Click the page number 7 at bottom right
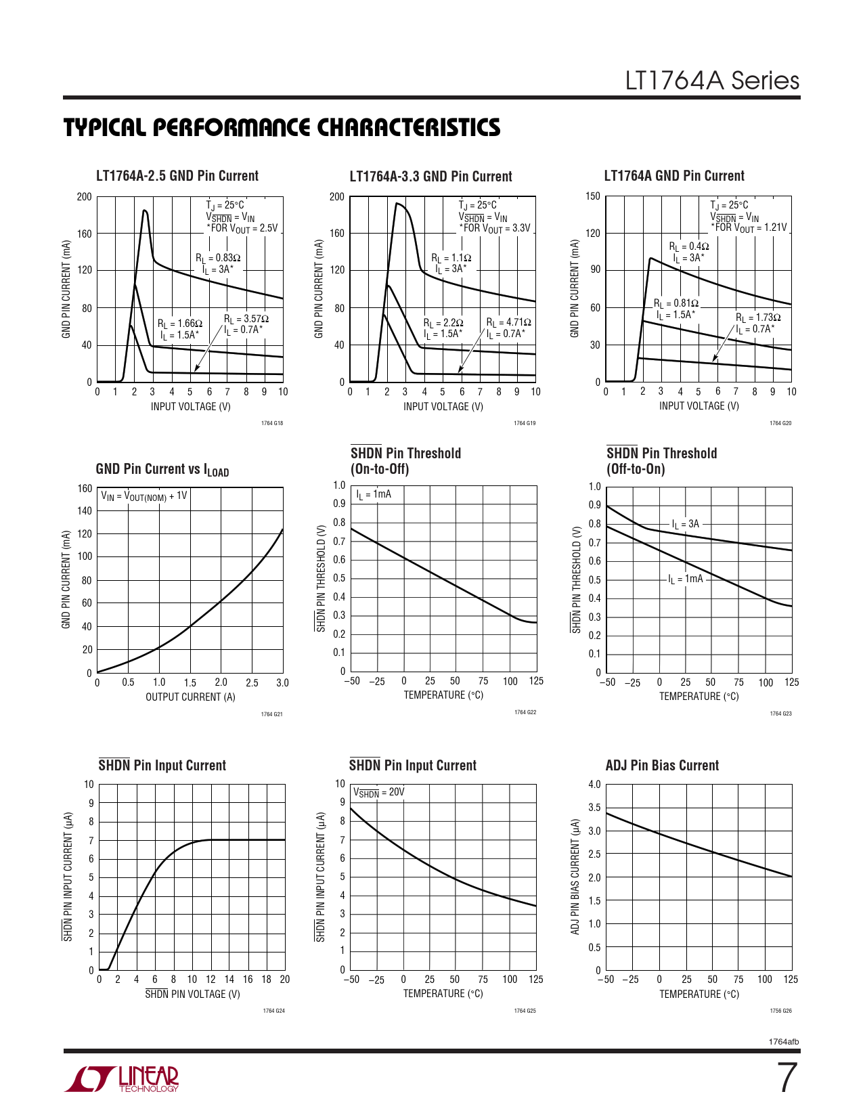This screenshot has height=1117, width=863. (787, 1078)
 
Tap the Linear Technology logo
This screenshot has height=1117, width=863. (122, 1079)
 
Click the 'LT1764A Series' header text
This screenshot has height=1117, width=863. (711, 81)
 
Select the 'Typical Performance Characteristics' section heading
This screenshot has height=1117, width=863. (282, 128)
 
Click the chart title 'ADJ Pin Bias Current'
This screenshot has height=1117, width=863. (662, 766)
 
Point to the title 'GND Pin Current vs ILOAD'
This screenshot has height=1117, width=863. (162, 469)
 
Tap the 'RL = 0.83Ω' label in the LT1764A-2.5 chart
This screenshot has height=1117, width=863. (218, 258)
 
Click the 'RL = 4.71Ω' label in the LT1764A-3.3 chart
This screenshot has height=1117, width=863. (508, 322)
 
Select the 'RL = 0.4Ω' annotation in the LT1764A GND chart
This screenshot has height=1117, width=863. (688, 246)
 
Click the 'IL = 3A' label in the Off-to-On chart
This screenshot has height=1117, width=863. (686, 524)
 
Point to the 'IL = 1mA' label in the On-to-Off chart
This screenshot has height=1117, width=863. (374, 494)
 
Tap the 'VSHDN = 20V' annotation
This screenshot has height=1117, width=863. (378, 792)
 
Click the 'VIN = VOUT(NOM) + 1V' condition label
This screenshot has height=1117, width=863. (144, 496)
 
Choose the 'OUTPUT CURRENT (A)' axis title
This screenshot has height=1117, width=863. (190, 697)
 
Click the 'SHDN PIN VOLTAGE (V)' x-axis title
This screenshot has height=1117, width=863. (192, 994)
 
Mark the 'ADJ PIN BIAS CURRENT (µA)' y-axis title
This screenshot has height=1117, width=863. (575, 877)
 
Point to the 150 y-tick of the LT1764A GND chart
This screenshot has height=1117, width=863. (592, 196)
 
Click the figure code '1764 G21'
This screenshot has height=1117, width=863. (271, 714)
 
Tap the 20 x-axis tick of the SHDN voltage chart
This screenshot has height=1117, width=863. (285, 980)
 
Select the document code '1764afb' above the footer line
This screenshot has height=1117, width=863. (784, 1042)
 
